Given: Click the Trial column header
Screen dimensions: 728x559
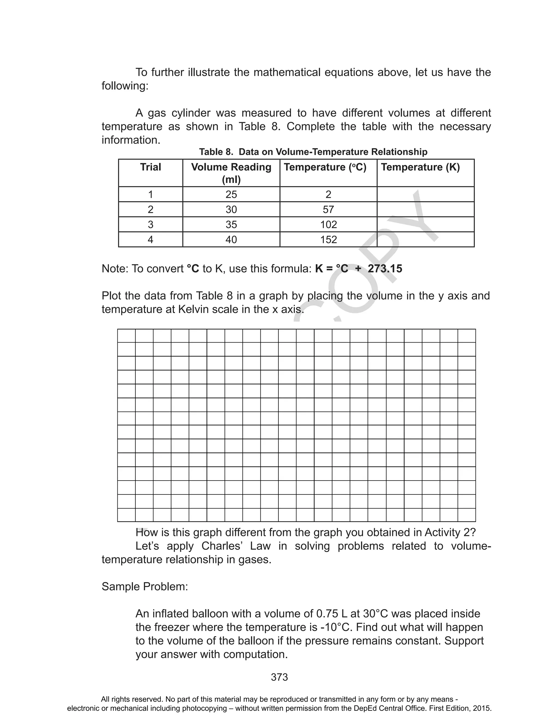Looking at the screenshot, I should tap(150, 167).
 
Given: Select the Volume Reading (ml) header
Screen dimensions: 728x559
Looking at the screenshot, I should tap(231, 173).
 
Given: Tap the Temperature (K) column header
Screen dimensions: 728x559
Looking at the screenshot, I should tap(420, 167).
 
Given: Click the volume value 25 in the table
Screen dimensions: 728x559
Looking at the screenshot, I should tap(231, 194).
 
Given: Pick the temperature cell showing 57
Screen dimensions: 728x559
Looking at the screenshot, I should tap(328, 209).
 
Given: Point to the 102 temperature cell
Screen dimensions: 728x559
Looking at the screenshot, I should tap(328, 224).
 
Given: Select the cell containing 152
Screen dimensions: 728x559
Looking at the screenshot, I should tap(328, 239).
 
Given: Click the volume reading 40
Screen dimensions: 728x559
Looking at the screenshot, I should tap(231, 239).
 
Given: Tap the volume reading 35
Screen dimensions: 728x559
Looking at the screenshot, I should tap(231, 224).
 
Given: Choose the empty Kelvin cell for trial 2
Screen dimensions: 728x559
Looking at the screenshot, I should tap(425, 209).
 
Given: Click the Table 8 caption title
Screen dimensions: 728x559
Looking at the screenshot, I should tap(313, 152).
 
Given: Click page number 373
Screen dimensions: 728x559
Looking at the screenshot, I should tap(279, 677).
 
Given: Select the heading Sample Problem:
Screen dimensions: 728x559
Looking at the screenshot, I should tap(145, 586).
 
